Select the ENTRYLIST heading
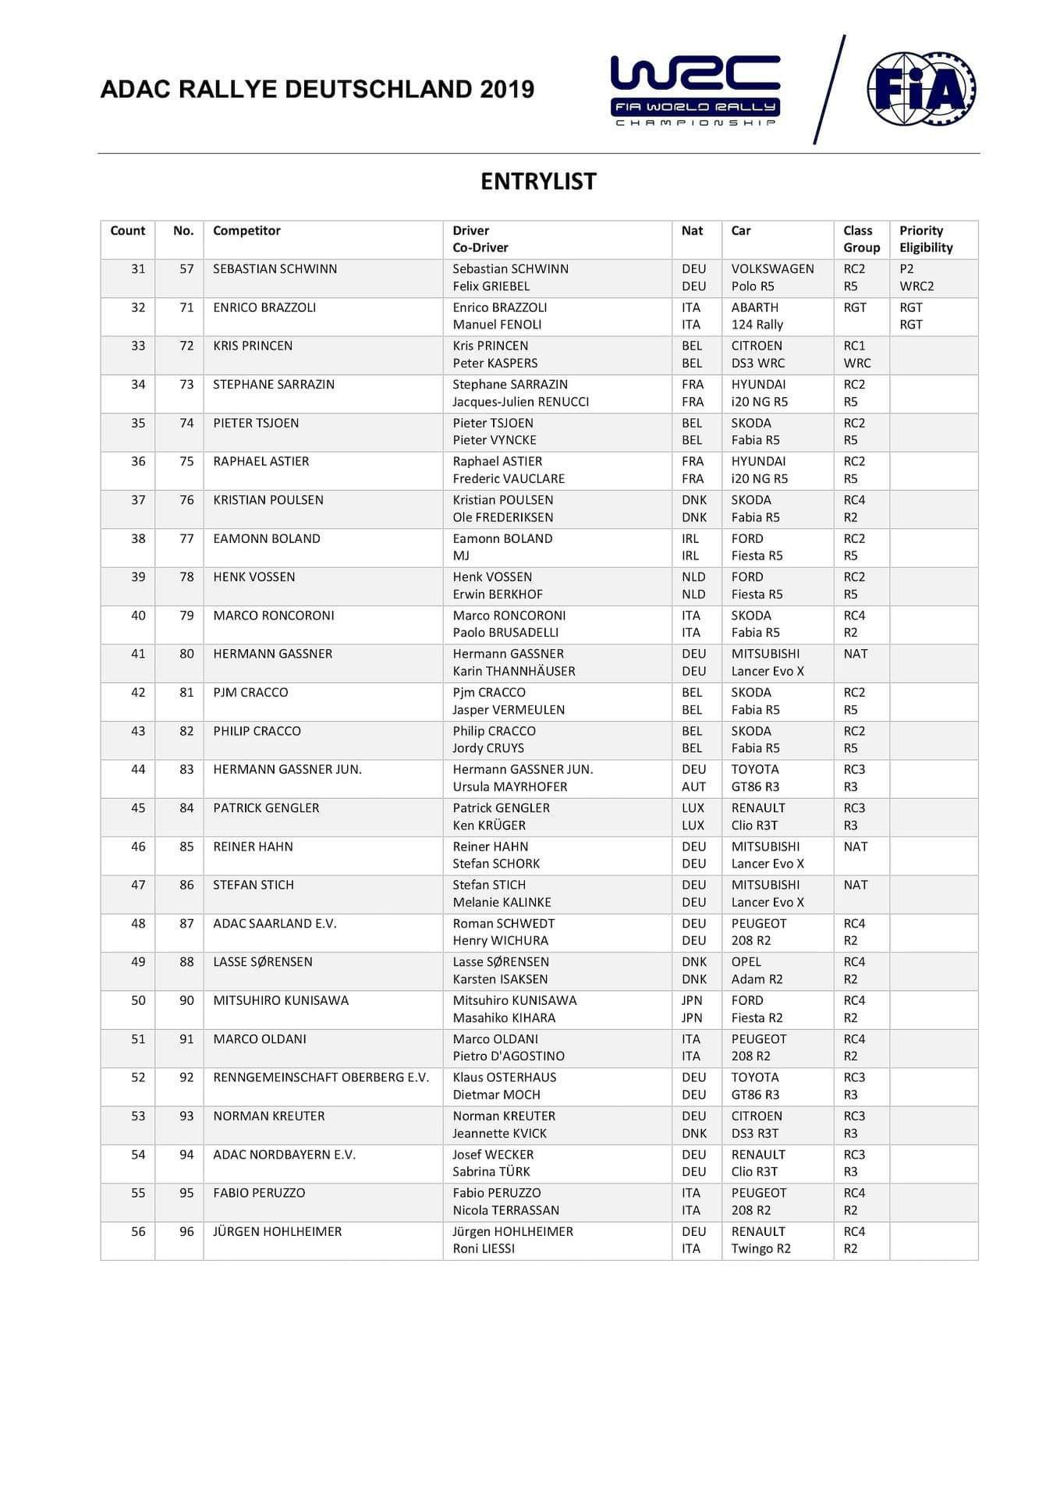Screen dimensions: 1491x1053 [x=538, y=181]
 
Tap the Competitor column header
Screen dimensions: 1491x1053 [x=246, y=231]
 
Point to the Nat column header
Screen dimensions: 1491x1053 [x=692, y=231]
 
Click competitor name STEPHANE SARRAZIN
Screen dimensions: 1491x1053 [x=274, y=385]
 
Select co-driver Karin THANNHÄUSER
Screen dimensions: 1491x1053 [x=513, y=671]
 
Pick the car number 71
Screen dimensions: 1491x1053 [x=186, y=307]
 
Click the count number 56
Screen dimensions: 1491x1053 [x=138, y=1231]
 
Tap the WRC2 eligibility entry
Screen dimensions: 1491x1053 [x=916, y=286]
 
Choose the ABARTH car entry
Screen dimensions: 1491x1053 [x=754, y=307]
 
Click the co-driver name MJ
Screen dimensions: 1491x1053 [x=461, y=556]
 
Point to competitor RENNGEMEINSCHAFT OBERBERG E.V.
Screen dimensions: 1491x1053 [x=321, y=1077]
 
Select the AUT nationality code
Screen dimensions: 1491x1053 [x=693, y=786]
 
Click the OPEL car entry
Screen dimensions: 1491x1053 [x=746, y=962]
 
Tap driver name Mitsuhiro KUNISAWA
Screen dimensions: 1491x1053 [x=515, y=1000]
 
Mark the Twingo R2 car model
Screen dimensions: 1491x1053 [x=760, y=1248]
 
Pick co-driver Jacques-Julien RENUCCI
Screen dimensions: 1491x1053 [x=520, y=402]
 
